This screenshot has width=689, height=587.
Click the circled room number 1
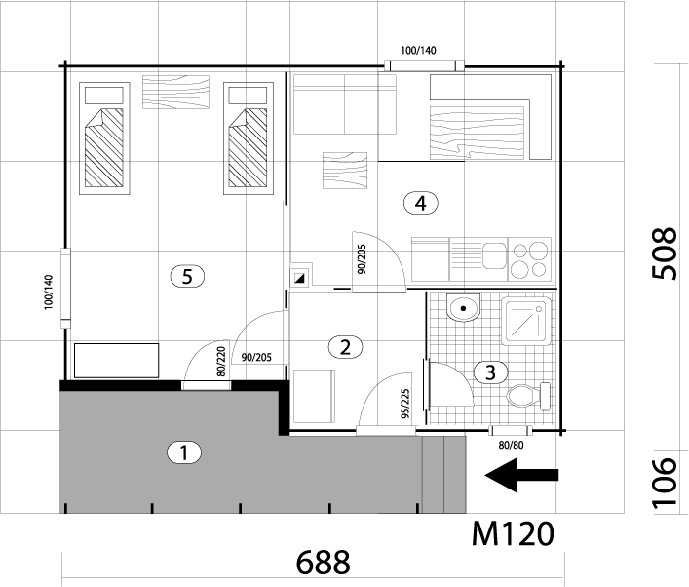tap(184, 452)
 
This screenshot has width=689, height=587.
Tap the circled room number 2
tap(345, 347)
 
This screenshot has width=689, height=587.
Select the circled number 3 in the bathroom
tap(490, 372)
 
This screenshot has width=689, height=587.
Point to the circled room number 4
tap(421, 203)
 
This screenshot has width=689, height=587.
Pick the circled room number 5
tap(187, 277)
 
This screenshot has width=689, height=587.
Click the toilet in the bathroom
tap(528, 396)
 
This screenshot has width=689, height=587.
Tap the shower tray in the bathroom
tap(526, 321)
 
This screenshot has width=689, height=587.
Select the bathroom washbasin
tap(463, 307)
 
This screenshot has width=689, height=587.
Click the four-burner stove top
tap(529, 259)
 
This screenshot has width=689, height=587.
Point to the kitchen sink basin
tap(494, 255)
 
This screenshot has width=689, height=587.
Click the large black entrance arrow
tap(521, 475)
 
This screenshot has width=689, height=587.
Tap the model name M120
tap(513, 533)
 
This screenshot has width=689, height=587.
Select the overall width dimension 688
tap(324, 562)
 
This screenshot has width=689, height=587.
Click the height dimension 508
tap(664, 254)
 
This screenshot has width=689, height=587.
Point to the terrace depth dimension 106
tap(664, 483)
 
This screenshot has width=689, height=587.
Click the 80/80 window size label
tap(511, 445)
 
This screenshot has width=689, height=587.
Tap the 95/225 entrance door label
tap(405, 404)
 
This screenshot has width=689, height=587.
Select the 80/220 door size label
tap(221, 362)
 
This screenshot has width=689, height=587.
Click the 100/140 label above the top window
tap(418, 50)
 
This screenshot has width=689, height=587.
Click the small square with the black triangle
tap(301, 278)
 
